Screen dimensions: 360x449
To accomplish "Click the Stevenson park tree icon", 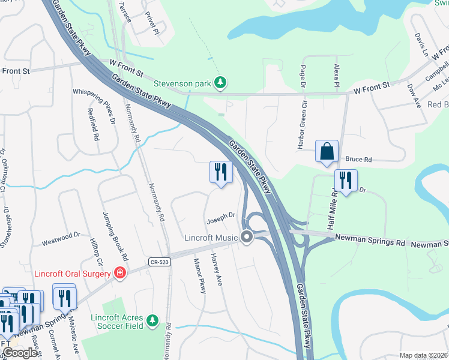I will (221, 83).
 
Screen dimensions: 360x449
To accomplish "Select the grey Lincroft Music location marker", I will (247, 237).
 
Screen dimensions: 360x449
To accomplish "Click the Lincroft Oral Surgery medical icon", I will (120, 273).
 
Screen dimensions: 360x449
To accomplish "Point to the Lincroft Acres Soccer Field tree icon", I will (152, 321).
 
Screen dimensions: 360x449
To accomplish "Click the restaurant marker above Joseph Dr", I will (221, 172).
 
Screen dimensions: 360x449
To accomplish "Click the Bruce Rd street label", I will (359, 160).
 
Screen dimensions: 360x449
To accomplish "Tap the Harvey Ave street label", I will (216, 268).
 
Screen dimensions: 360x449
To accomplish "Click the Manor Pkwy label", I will (200, 275).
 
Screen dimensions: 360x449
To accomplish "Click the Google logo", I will (20, 353).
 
